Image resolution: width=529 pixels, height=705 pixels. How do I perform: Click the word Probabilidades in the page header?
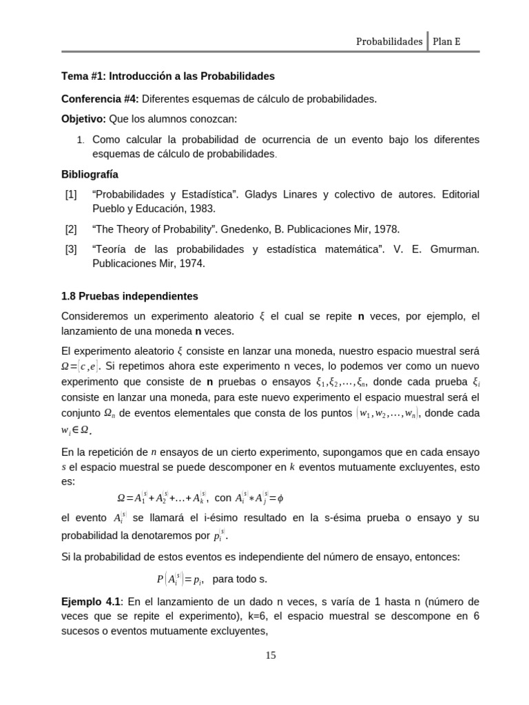click(389, 41)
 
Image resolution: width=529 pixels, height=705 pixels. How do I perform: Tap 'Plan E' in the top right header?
click(447, 41)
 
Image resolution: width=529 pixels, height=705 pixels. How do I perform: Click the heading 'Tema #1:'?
click(84, 76)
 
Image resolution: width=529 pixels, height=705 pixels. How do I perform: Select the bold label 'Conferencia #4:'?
click(100, 99)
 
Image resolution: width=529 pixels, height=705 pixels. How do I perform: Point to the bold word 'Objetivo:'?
click(83, 118)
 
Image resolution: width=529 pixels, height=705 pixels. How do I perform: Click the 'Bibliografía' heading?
click(90, 174)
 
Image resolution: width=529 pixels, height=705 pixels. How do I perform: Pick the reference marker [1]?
click(71, 195)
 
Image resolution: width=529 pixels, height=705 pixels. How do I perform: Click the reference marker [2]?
click(71, 229)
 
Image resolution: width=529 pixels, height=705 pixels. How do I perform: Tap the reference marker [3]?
click(71, 249)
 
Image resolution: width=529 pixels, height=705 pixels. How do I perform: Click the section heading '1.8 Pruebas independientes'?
click(129, 296)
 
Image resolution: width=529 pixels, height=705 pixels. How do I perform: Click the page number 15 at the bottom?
click(271, 655)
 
